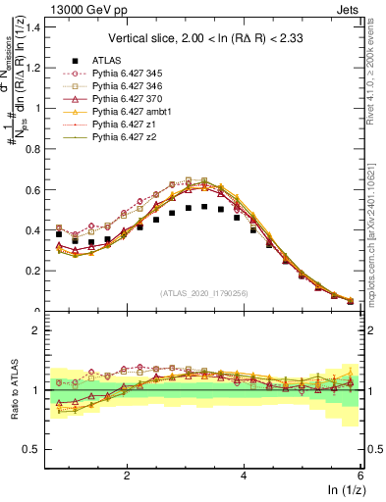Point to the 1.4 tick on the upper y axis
[x=31, y=26]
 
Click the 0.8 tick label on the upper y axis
[x=31, y=149]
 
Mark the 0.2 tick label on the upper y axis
[x=31, y=272]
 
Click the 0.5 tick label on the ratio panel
[x=31, y=449]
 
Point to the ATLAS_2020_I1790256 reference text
[x=204, y=293]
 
